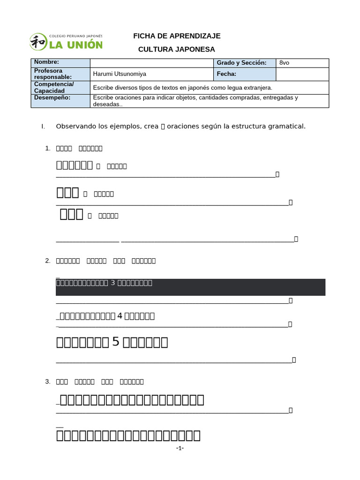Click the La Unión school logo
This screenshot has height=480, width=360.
(66, 41)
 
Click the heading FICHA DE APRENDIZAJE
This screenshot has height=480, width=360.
(177, 36)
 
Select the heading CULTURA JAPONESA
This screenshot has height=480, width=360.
(177, 49)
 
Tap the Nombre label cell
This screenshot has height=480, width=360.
(60, 63)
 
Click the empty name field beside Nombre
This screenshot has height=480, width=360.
(152, 63)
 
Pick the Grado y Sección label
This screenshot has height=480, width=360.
(241, 63)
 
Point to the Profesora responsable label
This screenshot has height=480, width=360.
(60, 74)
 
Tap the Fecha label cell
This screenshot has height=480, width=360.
(226, 74)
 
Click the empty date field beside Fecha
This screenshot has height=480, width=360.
(302, 74)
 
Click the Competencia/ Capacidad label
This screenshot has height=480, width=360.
(60, 87)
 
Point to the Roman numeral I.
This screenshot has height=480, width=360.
(43, 127)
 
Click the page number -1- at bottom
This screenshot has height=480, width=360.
(180, 449)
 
